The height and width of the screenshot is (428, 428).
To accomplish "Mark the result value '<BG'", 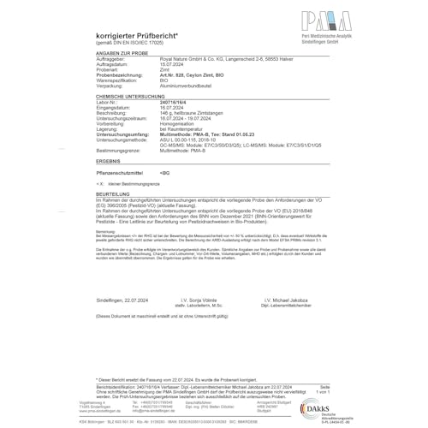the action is click(x=165, y=173).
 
